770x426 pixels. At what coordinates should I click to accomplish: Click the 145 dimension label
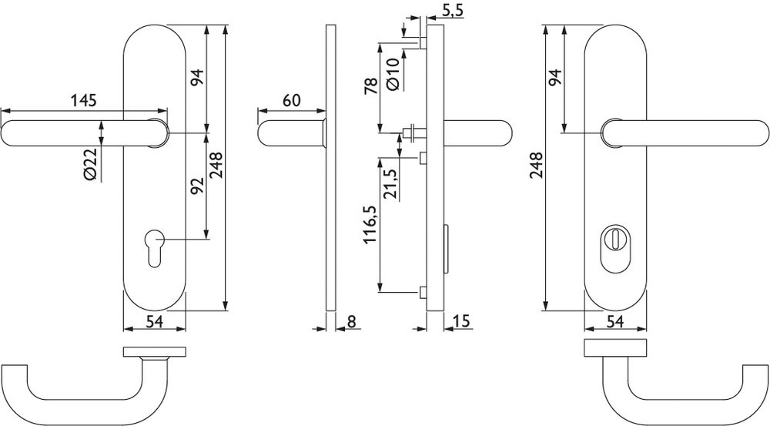(83, 100)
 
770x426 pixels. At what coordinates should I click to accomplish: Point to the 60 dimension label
(291, 100)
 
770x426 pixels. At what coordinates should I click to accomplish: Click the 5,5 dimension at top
(453, 10)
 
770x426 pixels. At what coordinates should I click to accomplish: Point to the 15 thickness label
(462, 320)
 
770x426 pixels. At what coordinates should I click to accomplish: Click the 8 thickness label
(352, 320)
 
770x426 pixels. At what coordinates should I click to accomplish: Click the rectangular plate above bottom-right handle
(614, 347)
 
